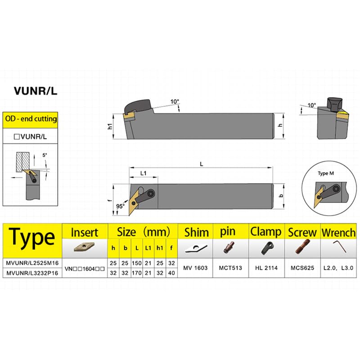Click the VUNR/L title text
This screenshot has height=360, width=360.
pos(36,91)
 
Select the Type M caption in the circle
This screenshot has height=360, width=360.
pos(326,173)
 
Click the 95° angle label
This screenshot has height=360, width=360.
pos(120,206)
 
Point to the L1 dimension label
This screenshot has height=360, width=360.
pos(143,173)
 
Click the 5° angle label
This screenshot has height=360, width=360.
pos(45,155)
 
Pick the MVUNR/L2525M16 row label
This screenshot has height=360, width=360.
pos(32,263)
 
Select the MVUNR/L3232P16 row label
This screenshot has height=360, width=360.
pos(32,273)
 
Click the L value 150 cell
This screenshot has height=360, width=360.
pos(137,263)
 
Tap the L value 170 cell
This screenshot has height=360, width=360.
pos(137,273)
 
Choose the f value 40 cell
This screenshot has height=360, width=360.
pos(171,273)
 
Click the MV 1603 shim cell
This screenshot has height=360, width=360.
pos(195,268)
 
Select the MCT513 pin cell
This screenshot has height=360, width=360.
pos(230,268)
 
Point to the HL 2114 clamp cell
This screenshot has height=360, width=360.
pos(266,268)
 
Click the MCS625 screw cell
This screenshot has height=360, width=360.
pos(302,268)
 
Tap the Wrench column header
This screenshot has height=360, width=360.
pos(339,232)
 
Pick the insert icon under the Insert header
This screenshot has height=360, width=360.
pos(84,247)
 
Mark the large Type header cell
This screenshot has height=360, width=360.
pos(32,241)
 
